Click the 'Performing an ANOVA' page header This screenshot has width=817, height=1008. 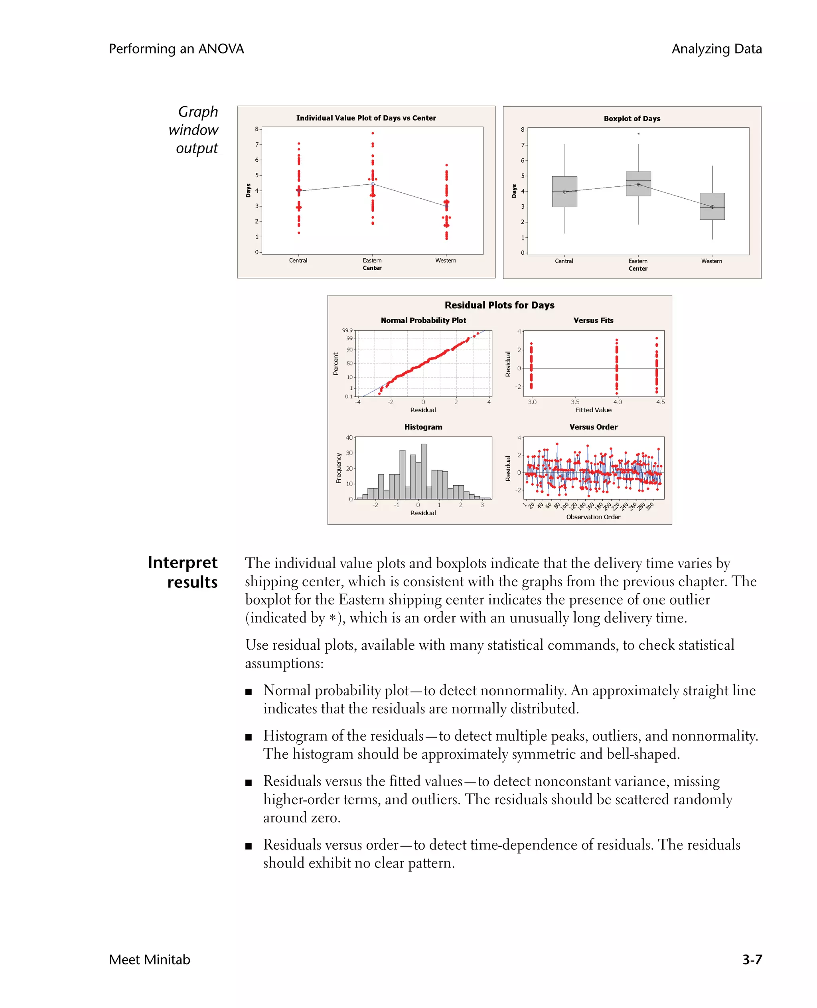[x=176, y=49]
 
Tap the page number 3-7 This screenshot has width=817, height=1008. [x=752, y=959]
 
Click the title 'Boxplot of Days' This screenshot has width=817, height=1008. [x=631, y=119]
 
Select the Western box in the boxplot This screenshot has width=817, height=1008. [x=712, y=206]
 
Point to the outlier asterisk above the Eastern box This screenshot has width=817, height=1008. [x=638, y=134]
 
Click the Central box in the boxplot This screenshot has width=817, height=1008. [x=564, y=192]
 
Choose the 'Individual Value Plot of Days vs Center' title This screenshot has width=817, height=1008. [x=366, y=118]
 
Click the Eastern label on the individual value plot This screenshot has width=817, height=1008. [x=372, y=260]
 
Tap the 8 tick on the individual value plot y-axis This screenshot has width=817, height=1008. [x=257, y=129]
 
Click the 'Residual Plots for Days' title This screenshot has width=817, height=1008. [x=499, y=305]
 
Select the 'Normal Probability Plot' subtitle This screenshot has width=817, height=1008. [x=423, y=320]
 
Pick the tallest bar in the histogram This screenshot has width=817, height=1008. [x=424, y=471]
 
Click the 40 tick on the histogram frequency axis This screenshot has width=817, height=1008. [x=349, y=437]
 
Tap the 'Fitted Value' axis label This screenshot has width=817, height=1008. [x=593, y=410]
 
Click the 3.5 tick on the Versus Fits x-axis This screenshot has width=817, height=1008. [x=575, y=402]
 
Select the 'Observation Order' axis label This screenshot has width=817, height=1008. [x=593, y=517]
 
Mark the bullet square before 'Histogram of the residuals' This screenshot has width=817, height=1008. [x=249, y=737]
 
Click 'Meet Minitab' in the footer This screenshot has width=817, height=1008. [x=150, y=959]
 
